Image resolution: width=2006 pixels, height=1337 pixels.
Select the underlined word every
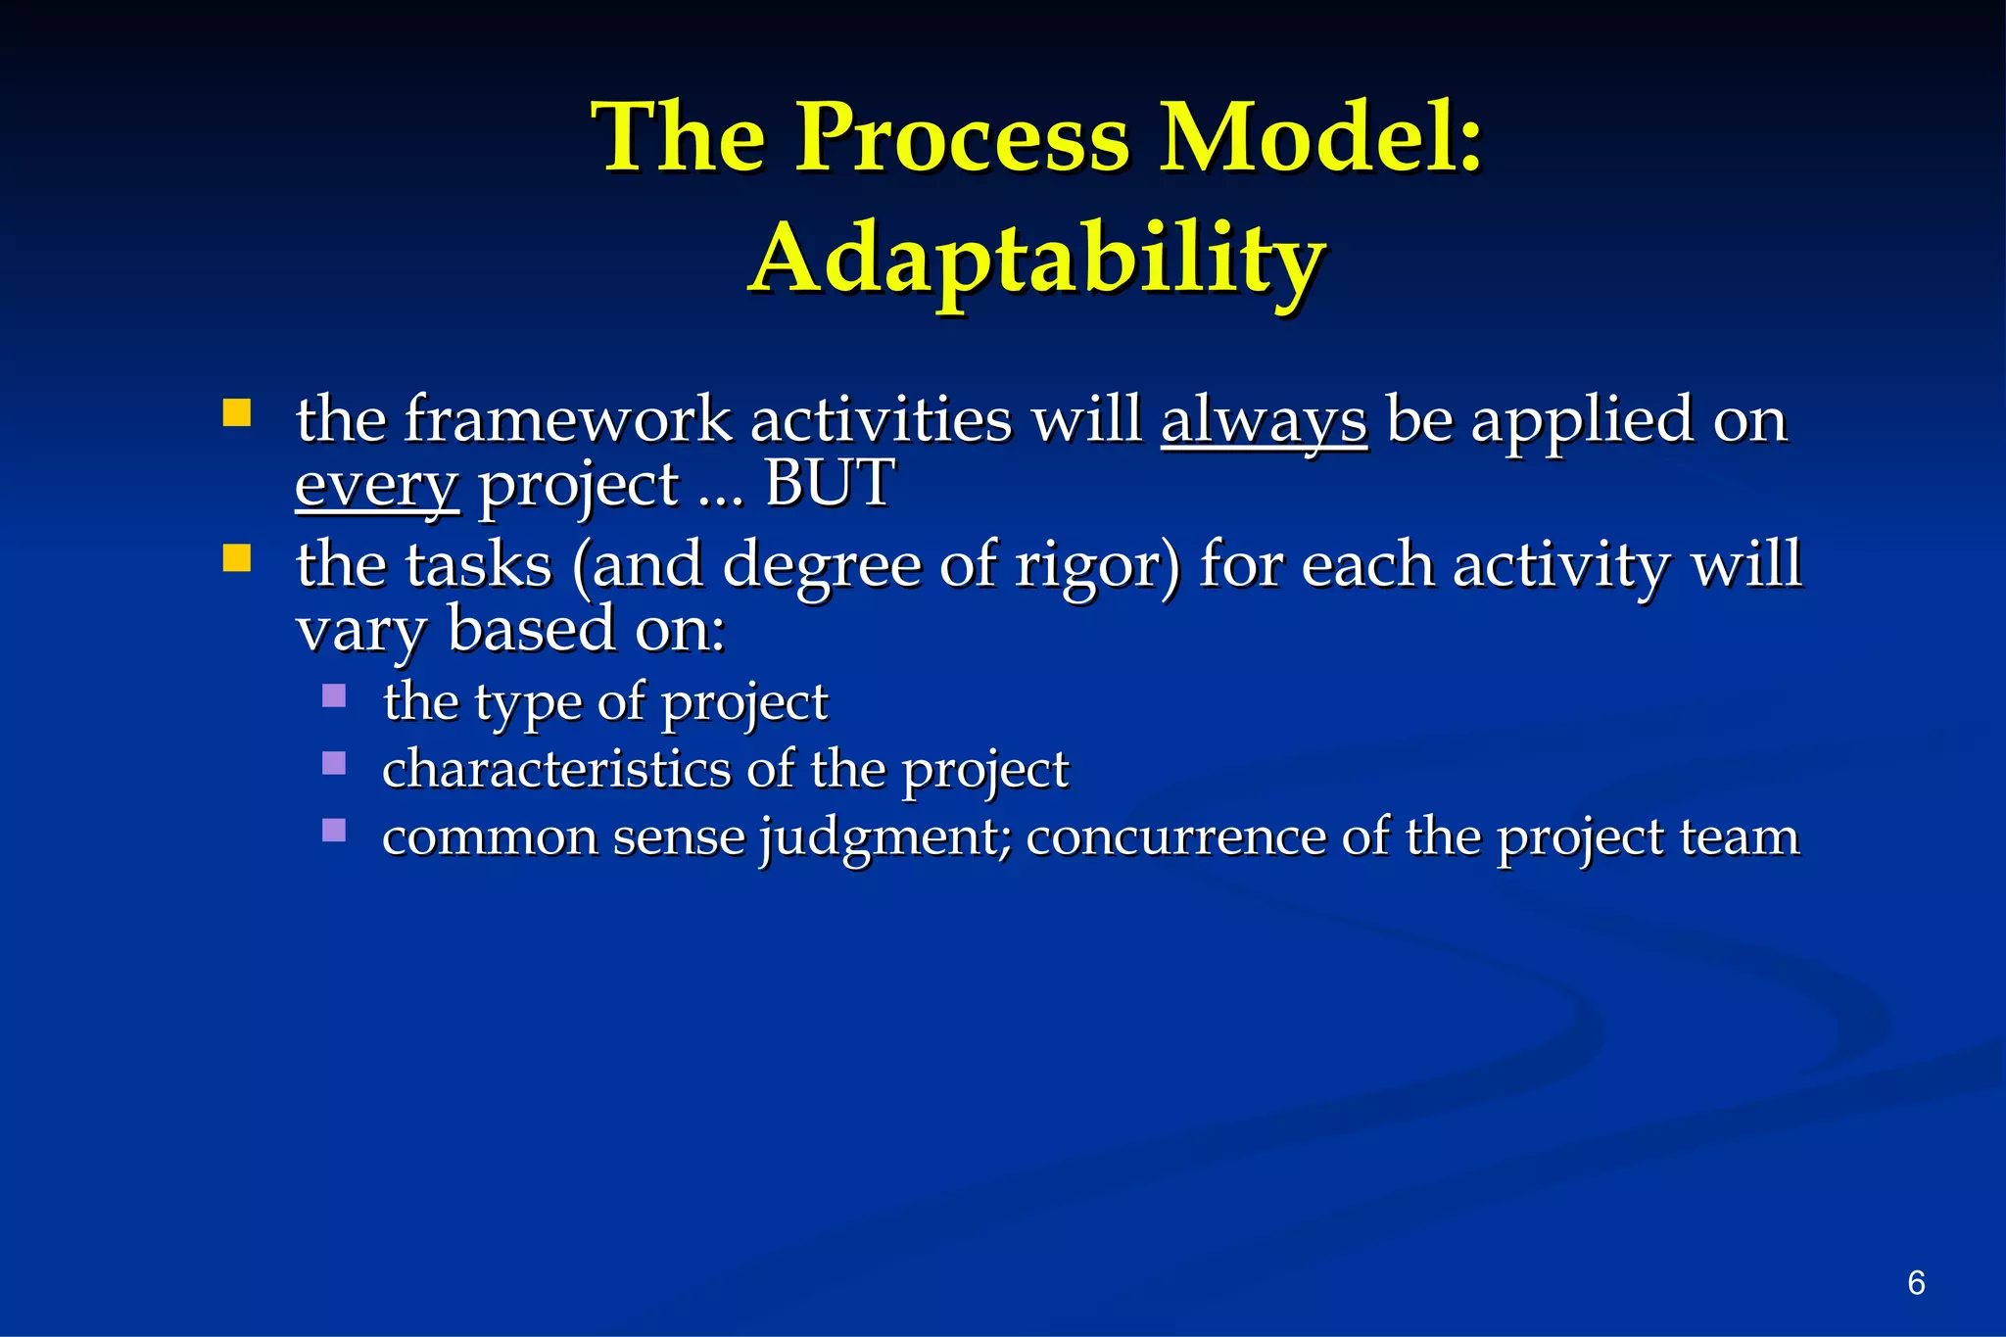tap(376, 485)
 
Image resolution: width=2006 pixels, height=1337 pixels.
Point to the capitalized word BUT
tap(829, 483)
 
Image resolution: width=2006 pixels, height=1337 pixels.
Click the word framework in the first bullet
tap(567, 419)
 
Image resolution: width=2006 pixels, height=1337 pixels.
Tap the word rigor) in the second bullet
tap(1097, 566)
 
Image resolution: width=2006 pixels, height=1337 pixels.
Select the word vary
tap(360, 630)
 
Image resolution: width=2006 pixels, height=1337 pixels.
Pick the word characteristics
tap(555, 769)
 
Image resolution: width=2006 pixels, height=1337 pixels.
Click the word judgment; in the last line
tap(885, 838)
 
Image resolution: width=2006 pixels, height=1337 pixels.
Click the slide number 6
tap(1916, 1282)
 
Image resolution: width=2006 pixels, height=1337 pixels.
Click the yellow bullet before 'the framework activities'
tap(237, 412)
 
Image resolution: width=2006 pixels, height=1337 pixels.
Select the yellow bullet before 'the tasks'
tap(237, 558)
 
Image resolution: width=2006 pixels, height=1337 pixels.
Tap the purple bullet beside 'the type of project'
tap(334, 696)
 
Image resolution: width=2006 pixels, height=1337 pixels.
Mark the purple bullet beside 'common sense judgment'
tap(334, 831)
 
